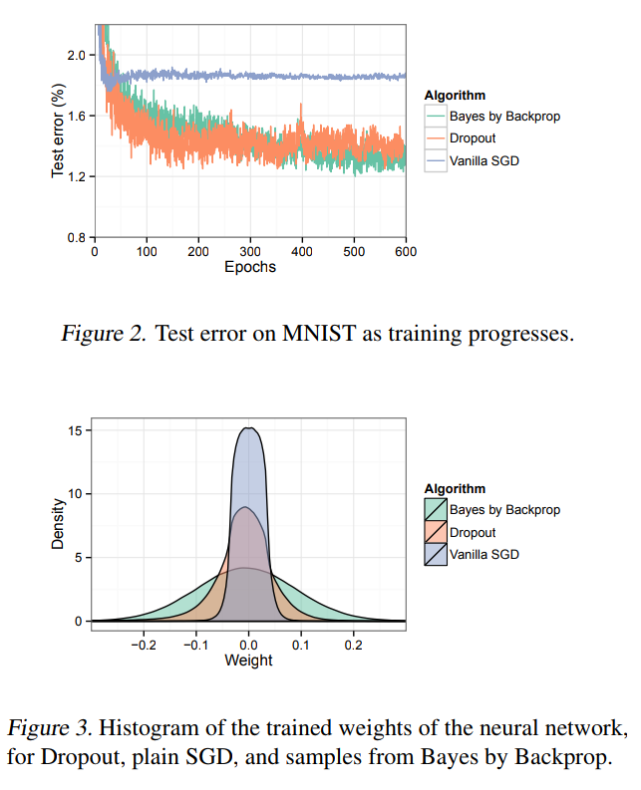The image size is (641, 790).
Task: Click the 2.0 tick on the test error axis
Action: (x=75, y=55)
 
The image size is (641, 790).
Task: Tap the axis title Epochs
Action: (x=249, y=267)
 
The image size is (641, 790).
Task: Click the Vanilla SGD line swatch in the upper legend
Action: (x=436, y=160)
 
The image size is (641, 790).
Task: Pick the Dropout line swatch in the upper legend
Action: (x=436, y=138)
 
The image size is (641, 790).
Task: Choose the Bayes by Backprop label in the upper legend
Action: (x=504, y=117)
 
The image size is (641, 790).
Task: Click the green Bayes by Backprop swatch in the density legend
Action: (x=436, y=510)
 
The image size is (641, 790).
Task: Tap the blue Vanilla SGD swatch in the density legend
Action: (x=436, y=554)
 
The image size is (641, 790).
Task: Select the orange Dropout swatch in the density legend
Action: (x=436, y=532)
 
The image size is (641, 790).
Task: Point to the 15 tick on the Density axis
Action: (x=76, y=430)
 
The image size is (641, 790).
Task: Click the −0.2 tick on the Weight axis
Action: (x=144, y=645)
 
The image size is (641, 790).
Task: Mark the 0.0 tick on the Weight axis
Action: (x=249, y=645)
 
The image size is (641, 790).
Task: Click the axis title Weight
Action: (x=249, y=659)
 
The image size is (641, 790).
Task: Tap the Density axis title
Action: (x=59, y=524)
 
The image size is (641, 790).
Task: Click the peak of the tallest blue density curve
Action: (x=249, y=428)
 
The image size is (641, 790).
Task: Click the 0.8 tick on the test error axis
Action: (x=75, y=238)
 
